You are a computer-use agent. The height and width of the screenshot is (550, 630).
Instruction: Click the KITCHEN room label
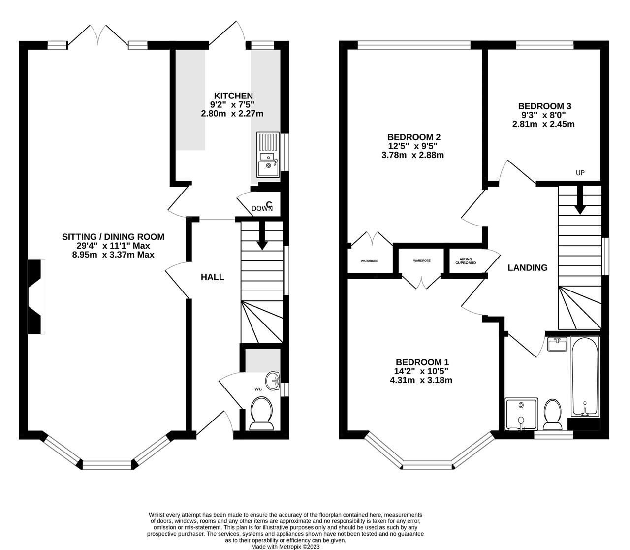click(233, 96)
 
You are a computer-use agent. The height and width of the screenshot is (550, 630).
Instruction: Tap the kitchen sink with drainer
click(267, 155)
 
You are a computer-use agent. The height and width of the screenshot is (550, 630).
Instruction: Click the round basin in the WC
click(272, 380)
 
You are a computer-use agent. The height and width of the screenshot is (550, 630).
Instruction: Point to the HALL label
click(212, 277)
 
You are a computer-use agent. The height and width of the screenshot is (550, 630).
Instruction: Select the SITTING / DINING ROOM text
click(113, 237)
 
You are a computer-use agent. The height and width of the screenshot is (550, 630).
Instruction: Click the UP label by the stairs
click(580, 173)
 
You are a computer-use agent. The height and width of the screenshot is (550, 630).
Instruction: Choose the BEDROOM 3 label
click(544, 106)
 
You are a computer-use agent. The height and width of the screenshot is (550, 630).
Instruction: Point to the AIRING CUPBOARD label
click(465, 261)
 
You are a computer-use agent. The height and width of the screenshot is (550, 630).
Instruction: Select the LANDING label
click(528, 268)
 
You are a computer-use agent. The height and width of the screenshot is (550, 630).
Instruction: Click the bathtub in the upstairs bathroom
click(585, 377)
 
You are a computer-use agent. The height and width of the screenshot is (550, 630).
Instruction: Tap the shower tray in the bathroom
click(521, 414)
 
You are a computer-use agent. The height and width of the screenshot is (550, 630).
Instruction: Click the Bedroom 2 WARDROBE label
click(369, 260)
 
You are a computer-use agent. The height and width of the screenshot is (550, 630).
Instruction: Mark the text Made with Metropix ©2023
click(285, 546)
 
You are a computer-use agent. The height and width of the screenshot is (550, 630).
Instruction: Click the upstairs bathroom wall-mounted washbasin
click(558, 344)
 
